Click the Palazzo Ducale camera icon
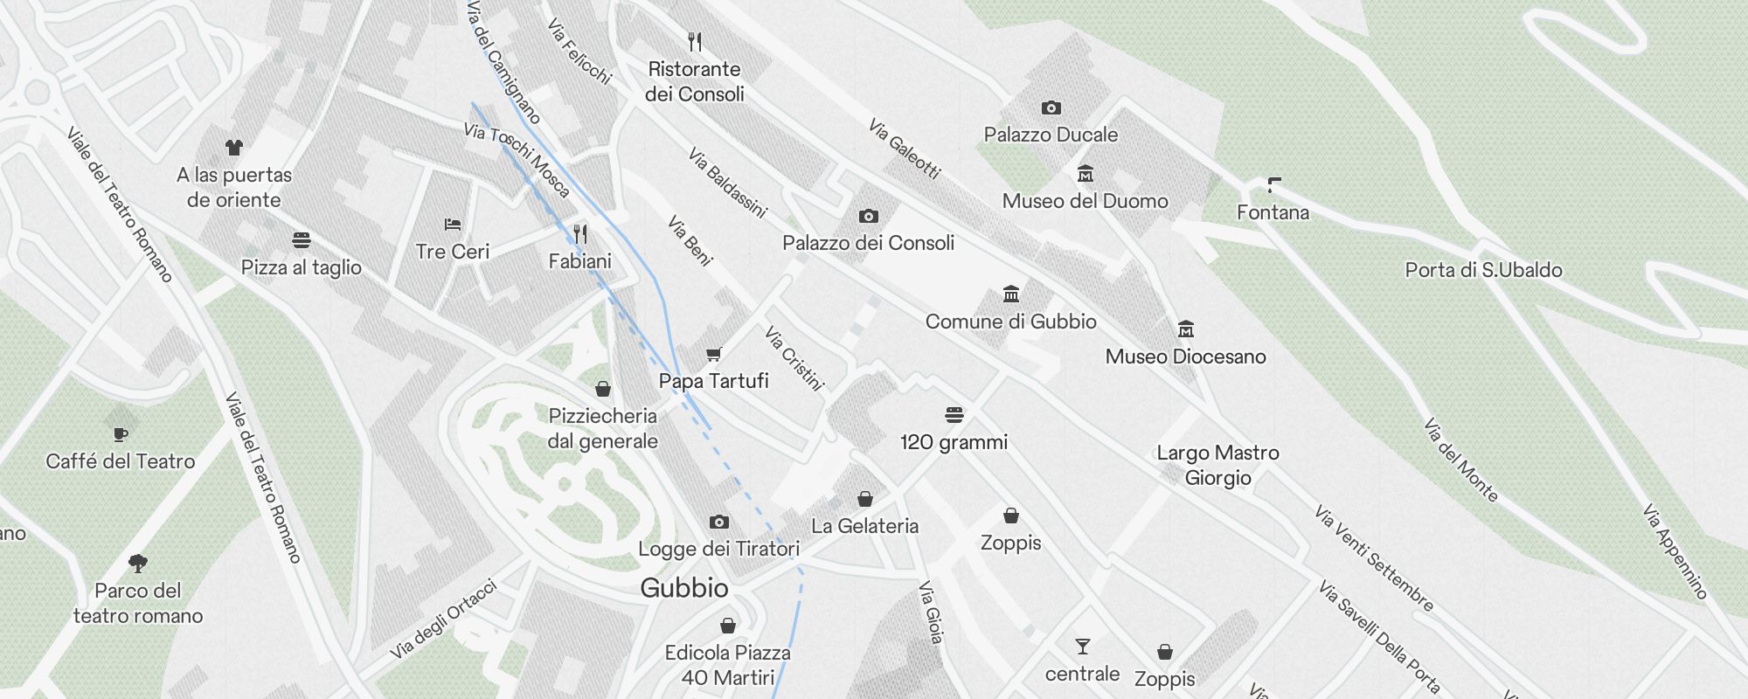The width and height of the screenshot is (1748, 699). click(1051, 108)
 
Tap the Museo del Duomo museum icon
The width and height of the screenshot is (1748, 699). click(1085, 174)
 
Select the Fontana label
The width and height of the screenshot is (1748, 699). click(1273, 212)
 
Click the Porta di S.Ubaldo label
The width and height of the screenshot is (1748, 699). click(1483, 270)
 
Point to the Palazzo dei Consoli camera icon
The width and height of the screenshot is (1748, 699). click(868, 216)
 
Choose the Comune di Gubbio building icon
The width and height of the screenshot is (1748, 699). click(1011, 294)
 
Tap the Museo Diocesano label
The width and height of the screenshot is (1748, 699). click(1185, 356)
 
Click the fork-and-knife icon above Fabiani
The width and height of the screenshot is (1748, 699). click(580, 233)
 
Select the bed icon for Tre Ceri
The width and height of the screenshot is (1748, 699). click(452, 225)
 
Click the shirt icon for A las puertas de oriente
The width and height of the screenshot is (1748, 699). click(233, 148)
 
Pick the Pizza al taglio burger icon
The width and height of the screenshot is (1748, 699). click(302, 240)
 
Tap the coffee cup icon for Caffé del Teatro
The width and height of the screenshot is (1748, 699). click(121, 434)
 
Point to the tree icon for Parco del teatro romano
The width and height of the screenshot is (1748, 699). click(137, 564)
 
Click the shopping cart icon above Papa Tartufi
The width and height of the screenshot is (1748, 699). click(713, 354)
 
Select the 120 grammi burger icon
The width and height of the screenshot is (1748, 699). click(954, 414)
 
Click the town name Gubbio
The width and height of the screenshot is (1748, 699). click(684, 588)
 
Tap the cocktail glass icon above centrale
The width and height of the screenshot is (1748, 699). click(1082, 647)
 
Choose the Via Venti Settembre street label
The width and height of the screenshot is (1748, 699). click(1374, 558)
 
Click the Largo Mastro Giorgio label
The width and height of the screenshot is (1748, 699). click(1217, 465)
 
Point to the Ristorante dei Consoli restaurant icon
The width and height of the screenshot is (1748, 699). click(695, 41)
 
